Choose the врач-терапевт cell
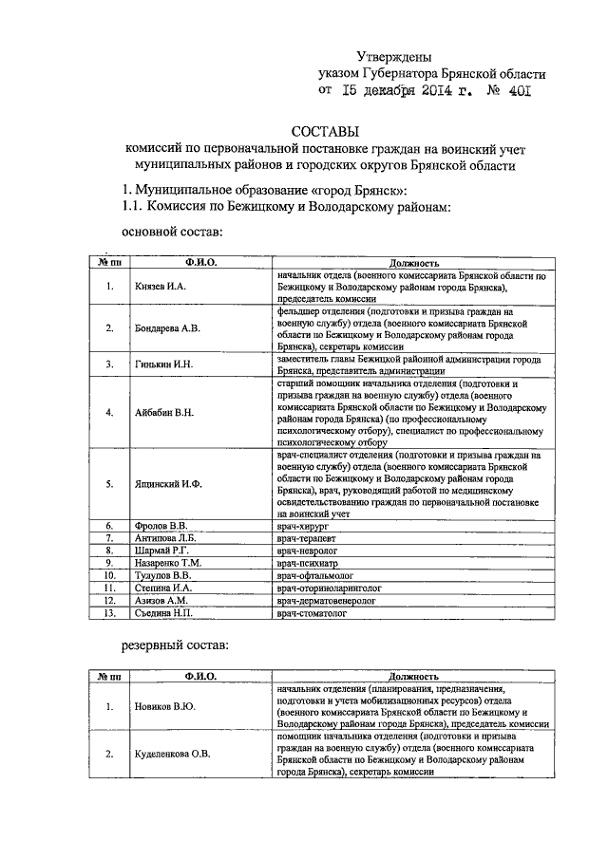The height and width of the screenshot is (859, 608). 309,537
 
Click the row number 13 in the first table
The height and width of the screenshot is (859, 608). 110,613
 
